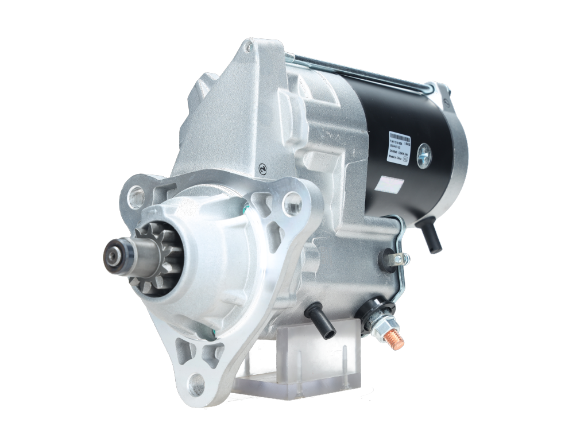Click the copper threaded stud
click(394, 339)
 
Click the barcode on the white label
click(399, 138)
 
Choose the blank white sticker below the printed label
click(390, 185)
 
